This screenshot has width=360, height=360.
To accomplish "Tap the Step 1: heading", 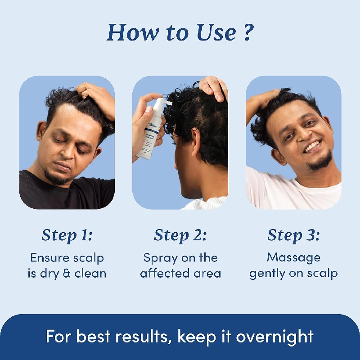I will coord(67,235).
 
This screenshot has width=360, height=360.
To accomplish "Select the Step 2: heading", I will coord(180,235).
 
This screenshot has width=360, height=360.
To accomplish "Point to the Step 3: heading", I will coord(293,235).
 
